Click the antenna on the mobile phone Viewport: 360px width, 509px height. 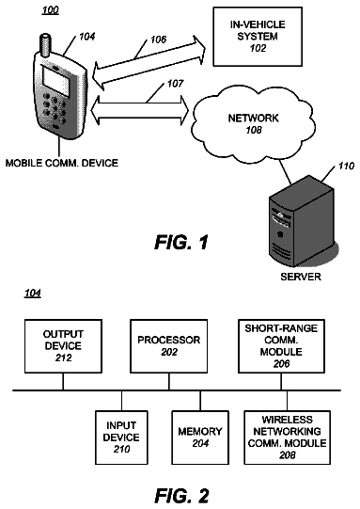[x=45, y=45]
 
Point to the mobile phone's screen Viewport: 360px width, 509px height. [x=56, y=81]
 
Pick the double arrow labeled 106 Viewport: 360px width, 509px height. [x=149, y=63]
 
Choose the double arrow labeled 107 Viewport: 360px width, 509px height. [x=140, y=110]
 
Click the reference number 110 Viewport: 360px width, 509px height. [x=346, y=167]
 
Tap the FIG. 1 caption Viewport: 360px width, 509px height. [x=181, y=242]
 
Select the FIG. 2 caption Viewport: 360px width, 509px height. [x=181, y=496]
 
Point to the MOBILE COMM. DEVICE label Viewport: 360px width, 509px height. [x=62, y=163]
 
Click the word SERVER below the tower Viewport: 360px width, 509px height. [x=301, y=277]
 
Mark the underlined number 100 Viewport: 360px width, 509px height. [x=51, y=10]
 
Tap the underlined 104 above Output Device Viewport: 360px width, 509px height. [x=33, y=294]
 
